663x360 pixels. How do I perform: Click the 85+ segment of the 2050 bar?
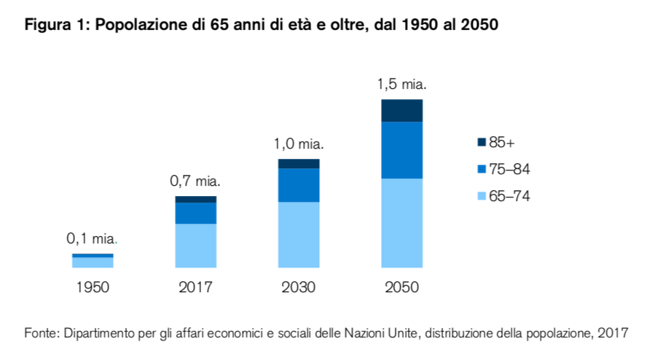coord(401,111)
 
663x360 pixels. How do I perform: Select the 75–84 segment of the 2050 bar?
coord(401,150)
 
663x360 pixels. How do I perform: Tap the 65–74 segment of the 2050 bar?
coord(401,223)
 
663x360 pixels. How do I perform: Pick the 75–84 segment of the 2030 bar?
coord(299,185)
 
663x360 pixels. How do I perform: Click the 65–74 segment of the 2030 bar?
coord(299,235)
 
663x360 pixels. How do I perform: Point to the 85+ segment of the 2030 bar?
coord(299,164)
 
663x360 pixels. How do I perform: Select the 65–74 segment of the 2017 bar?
coord(195,246)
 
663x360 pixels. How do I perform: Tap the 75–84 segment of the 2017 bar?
coord(195,213)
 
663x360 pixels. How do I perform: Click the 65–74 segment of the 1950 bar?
coord(93,262)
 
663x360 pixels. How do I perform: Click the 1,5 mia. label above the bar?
coord(401,85)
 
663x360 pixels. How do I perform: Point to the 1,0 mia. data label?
coord(299,144)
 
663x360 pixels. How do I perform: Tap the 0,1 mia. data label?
coord(92,238)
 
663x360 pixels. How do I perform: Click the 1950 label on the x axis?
coord(93,287)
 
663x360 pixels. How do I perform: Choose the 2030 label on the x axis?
coord(299,287)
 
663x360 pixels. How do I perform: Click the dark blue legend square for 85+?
coord(482,143)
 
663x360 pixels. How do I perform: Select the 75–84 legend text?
coord(509,170)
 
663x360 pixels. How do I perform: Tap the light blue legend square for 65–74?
coord(482,197)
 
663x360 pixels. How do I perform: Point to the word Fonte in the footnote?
coord(41,333)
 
